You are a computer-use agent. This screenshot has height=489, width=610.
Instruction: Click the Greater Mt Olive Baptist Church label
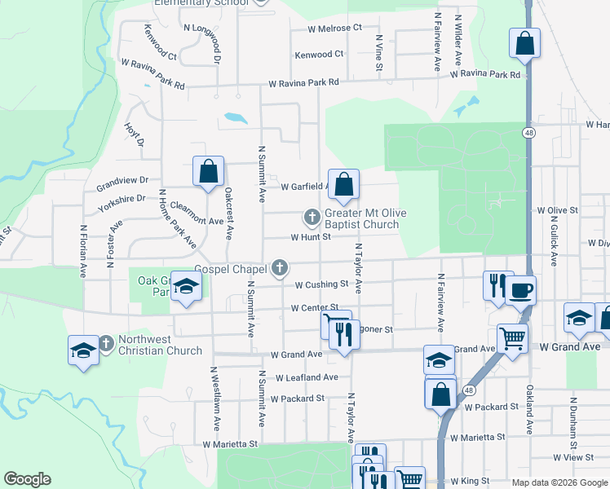coord(361,218)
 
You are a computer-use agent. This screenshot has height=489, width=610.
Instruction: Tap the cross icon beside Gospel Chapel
coord(280,267)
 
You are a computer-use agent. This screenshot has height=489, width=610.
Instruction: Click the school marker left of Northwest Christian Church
coord(83,350)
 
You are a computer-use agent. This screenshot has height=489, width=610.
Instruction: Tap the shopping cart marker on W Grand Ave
coord(512,337)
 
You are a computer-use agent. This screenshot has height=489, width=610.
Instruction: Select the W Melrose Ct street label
coord(334,28)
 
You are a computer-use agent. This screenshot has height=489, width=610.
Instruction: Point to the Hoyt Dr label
coord(134,134)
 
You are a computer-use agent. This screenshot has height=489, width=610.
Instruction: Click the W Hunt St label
coord(310,237)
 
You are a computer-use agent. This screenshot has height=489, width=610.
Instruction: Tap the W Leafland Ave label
coord(307,377)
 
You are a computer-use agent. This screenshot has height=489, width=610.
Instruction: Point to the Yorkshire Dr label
coord(121,202)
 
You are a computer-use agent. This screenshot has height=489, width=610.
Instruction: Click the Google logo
coord(27,479)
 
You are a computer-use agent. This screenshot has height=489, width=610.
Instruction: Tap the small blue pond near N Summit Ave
coord(235,117)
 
